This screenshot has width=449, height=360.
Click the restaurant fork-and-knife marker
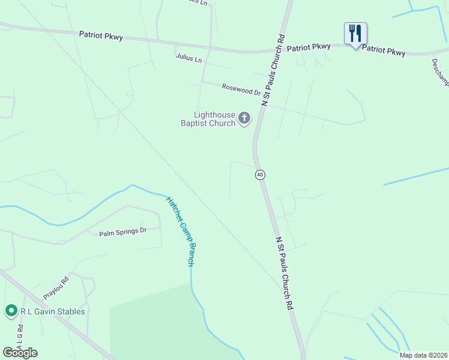point(355,34)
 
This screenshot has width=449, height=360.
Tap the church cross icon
point(244,118)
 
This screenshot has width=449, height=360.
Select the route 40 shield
point(259,175)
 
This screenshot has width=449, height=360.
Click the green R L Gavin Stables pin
point(11,311)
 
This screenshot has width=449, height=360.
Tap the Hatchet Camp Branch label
point(181,231)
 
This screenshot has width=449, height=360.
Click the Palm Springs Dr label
point(122,231)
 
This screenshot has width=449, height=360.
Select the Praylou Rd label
point(56,288)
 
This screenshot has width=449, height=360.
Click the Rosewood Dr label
point(241,89)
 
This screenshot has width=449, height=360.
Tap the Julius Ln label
point(188,58)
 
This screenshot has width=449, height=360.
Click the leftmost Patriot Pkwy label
point(101,36)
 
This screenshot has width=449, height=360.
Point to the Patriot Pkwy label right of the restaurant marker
point(384,51)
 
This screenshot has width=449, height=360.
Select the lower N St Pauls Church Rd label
point(284,272)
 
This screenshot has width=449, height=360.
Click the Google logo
point(20,352)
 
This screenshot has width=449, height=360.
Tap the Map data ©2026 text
point(423,355)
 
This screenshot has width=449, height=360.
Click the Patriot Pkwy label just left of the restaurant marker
point(309,47)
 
